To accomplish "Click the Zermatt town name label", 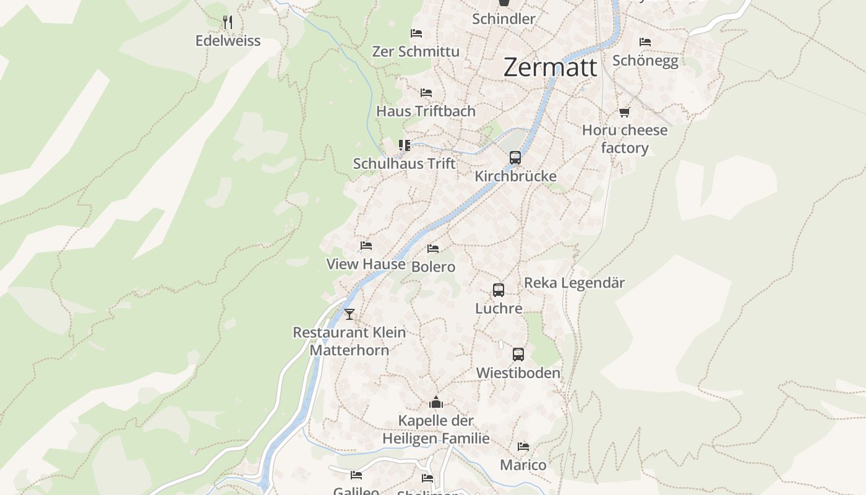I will (551, 67).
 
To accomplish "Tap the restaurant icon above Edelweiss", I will (228, 22).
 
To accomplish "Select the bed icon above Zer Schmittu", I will (416, 33).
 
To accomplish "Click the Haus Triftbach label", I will (426, 111).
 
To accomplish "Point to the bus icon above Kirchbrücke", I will (515, 157).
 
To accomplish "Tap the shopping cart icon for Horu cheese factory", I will (624, 112).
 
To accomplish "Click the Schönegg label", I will (645, 61).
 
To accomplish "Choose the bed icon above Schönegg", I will (645, 42).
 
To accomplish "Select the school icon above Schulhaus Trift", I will (405, 145).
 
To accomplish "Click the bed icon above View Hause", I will (366, 246).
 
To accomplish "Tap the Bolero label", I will (433, 267).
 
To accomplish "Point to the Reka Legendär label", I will (574, 283).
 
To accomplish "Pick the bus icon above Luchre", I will (499, 290).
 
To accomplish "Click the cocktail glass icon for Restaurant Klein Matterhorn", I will (349, 314).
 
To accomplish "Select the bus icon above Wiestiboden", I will (518, 355).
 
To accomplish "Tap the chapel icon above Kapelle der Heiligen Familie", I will (436, 403).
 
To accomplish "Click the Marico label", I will (523, 465).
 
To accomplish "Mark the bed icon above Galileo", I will (356, 475).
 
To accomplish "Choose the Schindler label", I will (504, 19).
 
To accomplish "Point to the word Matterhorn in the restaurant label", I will (349, 350).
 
